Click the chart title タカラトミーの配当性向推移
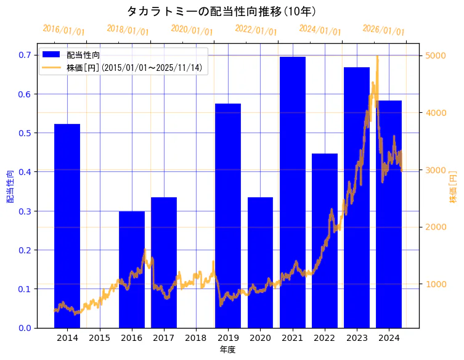(x=221, y=11)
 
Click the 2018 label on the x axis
(x=196, y=338)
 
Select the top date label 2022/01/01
(x=256, y=30)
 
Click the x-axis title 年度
(x=227, y=350)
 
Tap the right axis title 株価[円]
(x=453, y=188)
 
